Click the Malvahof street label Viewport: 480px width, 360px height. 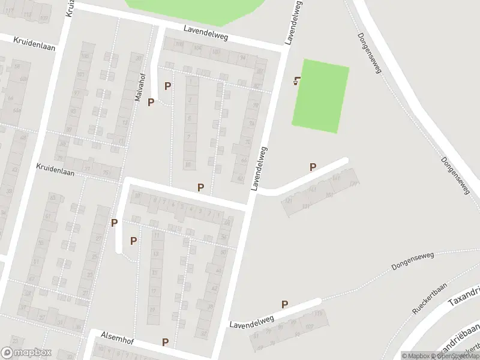click(x=140, y=88)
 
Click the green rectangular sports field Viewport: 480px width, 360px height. click(x=320, y=96)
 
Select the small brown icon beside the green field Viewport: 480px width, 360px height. click(x=296, y=81)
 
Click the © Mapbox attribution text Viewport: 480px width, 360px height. click(x=416, y=356)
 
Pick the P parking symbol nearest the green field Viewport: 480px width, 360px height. click(x=313, y=167)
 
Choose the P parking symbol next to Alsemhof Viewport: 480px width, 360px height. click(x=165, y=343)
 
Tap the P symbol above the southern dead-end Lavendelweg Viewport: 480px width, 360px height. click(x=284, y=305)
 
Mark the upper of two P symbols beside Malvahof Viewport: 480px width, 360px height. click(x=167, y=86)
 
